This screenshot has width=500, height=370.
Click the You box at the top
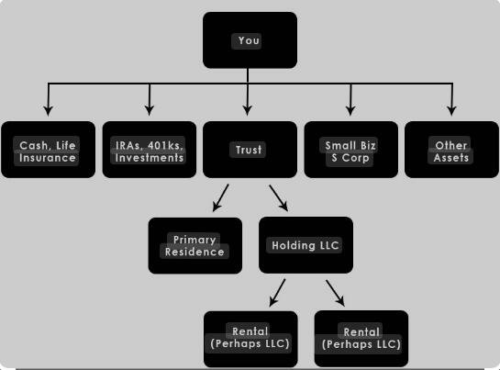[x=250, y=40]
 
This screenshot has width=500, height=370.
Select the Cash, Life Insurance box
[x=48, y=150]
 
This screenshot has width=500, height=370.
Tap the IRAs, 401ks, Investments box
[x=150, y=150]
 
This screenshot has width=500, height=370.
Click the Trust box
[x=250, y=150]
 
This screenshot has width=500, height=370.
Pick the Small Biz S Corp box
[x=351, y=150]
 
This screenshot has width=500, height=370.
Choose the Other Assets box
[x=451, y=150]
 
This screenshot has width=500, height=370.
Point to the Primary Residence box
[x=195, y=245]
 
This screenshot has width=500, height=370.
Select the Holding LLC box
[x=306, y=245]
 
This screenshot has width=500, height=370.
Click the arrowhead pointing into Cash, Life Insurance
[x=48, y=110]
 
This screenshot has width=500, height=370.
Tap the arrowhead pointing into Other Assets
[x=451, y=110]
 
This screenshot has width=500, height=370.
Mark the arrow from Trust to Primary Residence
[x=221, y=197]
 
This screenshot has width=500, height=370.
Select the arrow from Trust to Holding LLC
[x=279, y=198]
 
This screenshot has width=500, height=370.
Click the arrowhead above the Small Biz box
[x=350, y=110]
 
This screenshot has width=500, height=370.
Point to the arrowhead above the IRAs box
[x=150, y=110]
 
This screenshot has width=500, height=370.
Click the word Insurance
[x=47, y=158]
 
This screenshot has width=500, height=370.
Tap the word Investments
[x=150, y=158]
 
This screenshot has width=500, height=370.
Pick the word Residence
[x=194, y=252]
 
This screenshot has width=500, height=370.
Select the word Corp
[x=355, y=158]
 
